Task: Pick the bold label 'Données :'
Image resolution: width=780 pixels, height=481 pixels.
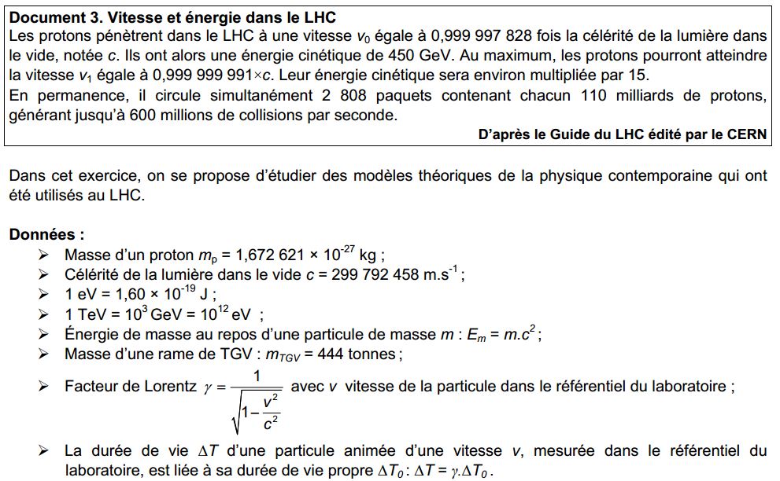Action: [46, 235]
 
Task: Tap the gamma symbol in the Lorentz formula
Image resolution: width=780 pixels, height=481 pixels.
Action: [209, 387]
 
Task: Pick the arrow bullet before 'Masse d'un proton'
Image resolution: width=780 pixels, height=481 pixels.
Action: [43, 255]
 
